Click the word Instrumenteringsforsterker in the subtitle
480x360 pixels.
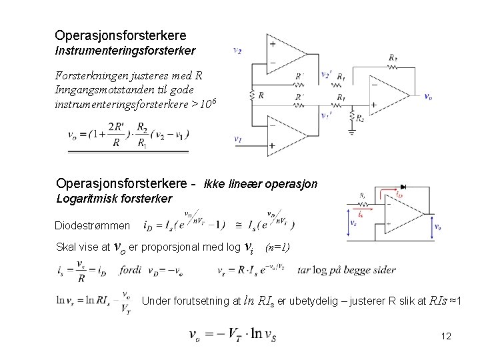point(125,50)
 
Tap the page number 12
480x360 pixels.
point(446,336)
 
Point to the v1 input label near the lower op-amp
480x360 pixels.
point(237,140)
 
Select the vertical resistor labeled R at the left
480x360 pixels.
point(251,95)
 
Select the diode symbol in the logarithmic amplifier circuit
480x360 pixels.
point(401,187)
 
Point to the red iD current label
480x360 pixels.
point(399,195)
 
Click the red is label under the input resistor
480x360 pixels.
point(360,215)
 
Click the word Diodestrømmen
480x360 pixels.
point(88,225)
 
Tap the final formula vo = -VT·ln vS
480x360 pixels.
point(233,335)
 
